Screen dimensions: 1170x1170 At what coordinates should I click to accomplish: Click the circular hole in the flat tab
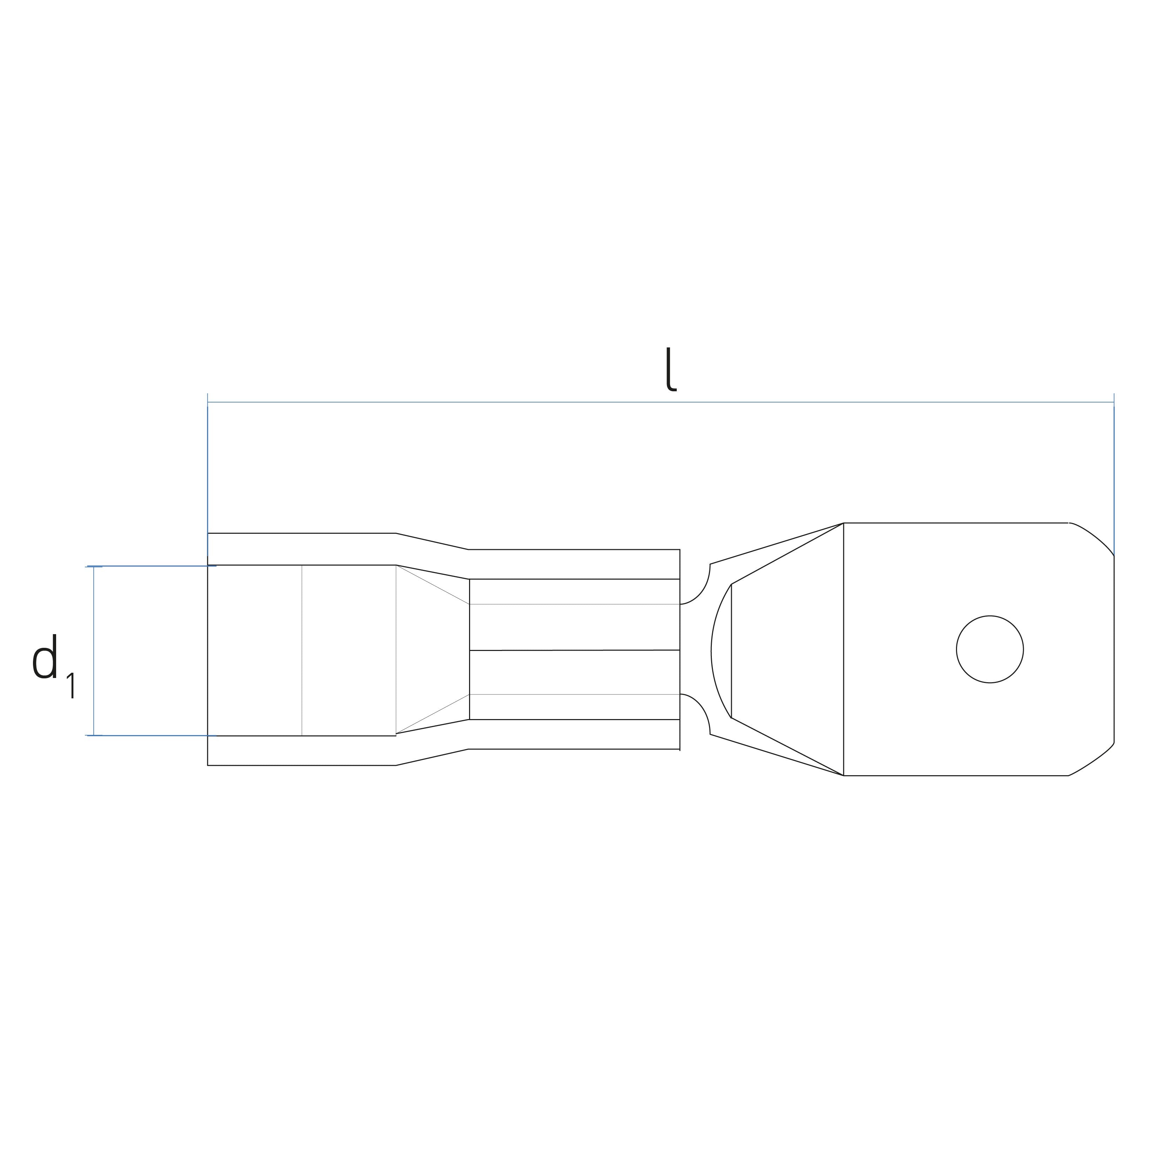990,650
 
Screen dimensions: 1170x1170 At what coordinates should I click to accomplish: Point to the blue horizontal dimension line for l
661,402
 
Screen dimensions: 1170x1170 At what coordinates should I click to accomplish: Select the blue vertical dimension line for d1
94,651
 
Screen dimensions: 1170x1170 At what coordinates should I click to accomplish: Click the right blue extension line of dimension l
1114,474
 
